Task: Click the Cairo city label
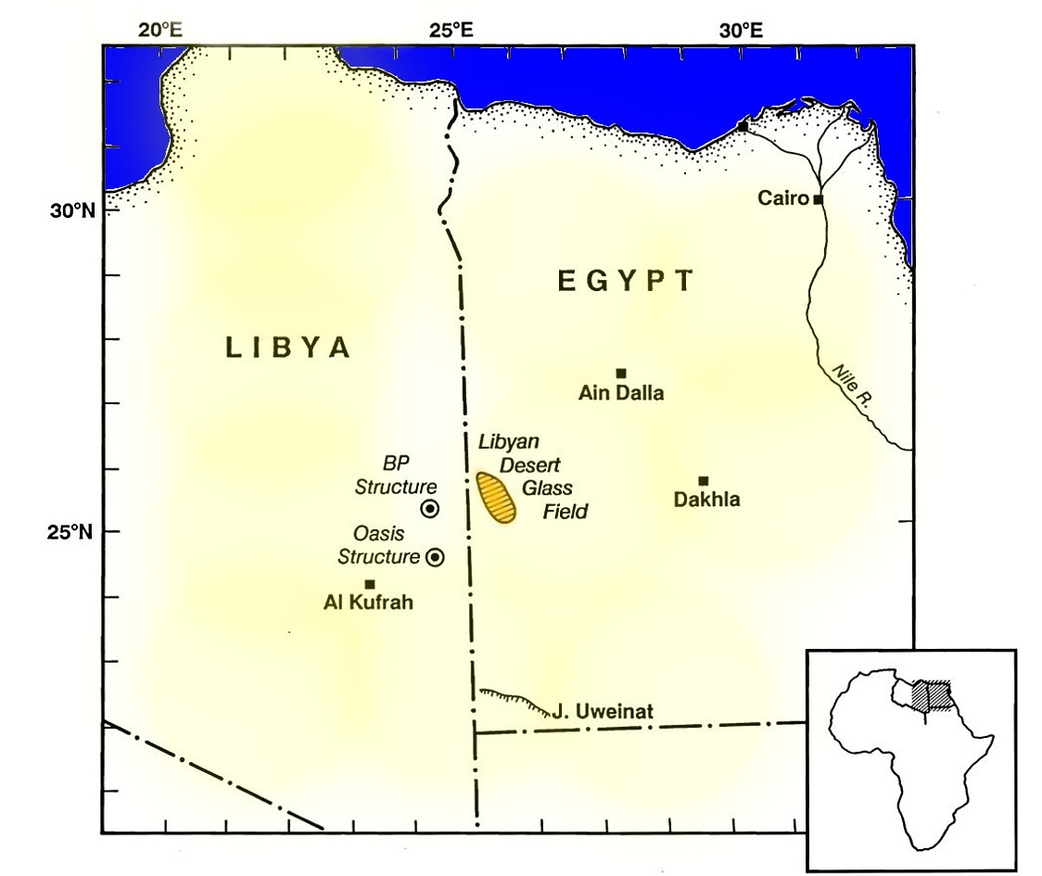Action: [x=783, y=198]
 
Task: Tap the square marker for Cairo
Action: [x=818, y=199]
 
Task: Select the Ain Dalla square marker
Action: [x=621, y=373]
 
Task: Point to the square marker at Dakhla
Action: [x=704, y=480]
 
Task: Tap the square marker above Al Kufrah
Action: [x=370, y=584]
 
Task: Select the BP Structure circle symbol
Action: [x=429, y=508]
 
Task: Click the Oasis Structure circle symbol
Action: [x=434, y=557]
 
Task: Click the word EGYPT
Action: [x=626, y=281]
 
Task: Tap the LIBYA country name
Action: [x=288, y=348]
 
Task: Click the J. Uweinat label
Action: [x=603, y=712]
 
